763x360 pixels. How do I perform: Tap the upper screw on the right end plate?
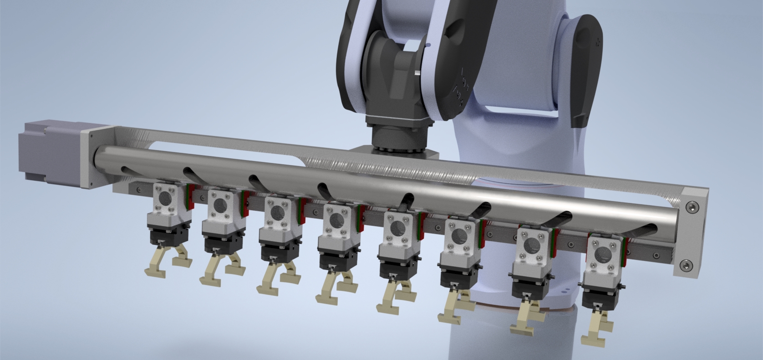tap(692, 207)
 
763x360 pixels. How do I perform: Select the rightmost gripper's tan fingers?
tap(594, 325)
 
